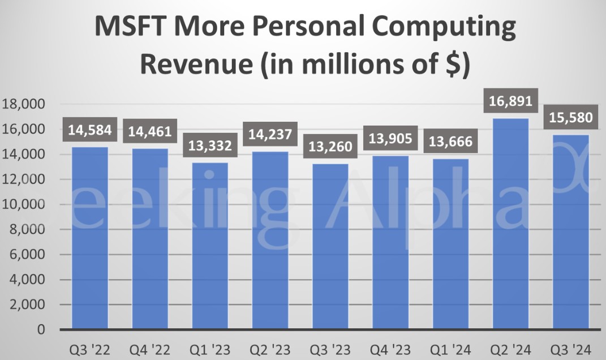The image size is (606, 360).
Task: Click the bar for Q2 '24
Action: pos(510,224)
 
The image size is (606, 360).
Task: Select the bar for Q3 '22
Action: pos(90,238)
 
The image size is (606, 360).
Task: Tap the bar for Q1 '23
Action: pos(210,246)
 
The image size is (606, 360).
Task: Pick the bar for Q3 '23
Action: pos(330,246)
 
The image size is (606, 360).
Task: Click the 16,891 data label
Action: pos(511,101)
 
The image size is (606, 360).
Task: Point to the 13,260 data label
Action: pos(330,147)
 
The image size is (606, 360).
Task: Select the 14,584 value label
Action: pos(90,130)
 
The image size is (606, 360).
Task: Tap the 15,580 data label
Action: pos(571,118)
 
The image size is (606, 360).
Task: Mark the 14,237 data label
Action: pos(270,135)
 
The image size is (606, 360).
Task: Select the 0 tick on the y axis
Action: pos(40,329)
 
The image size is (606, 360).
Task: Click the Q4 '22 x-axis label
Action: pos(150,349)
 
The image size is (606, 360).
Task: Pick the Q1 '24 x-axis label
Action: pos(450,349)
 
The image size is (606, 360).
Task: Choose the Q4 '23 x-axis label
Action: pos(390,349)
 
